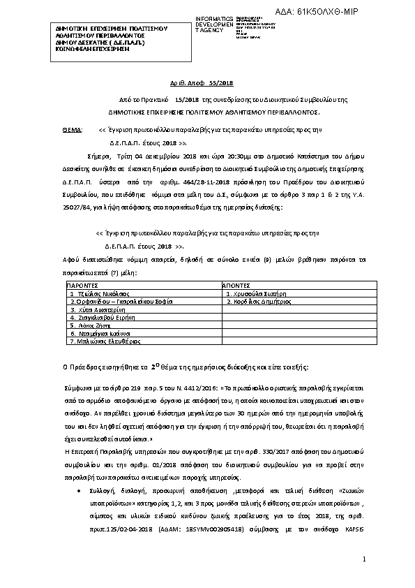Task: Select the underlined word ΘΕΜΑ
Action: (72, 131)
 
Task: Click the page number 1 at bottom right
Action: (364, 561)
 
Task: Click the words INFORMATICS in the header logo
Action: (215, 17)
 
